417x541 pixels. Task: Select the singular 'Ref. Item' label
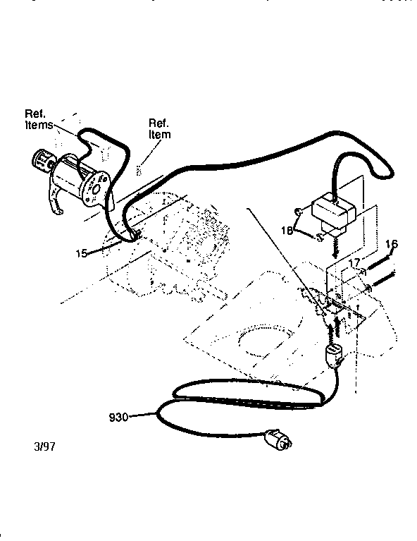(158, 128)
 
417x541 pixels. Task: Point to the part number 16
(392, 245)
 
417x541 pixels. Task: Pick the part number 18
(288, 231)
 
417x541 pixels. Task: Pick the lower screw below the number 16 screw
(384, 281)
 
